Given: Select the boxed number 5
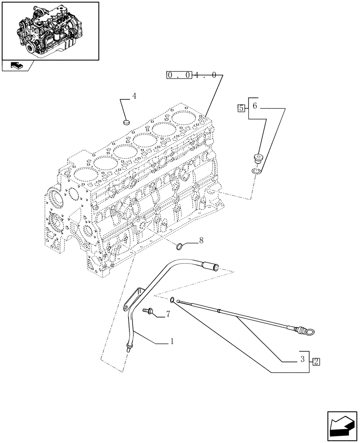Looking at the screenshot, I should point(241,108).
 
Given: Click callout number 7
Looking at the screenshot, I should point(168,314).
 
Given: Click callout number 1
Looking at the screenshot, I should point(171,342).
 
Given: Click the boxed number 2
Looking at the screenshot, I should point(316,361).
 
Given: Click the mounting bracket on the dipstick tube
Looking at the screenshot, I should point(133,299).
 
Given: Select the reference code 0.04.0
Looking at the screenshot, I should point(192,75).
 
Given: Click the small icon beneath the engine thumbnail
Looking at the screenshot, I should point(16,66).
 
